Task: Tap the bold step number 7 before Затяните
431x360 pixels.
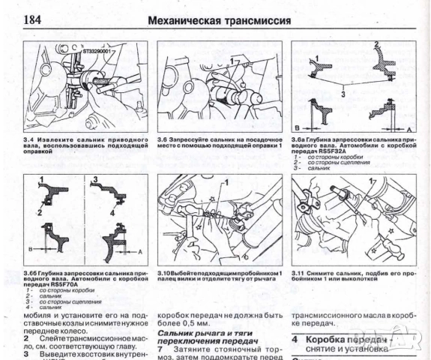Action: tap(160, 349)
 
